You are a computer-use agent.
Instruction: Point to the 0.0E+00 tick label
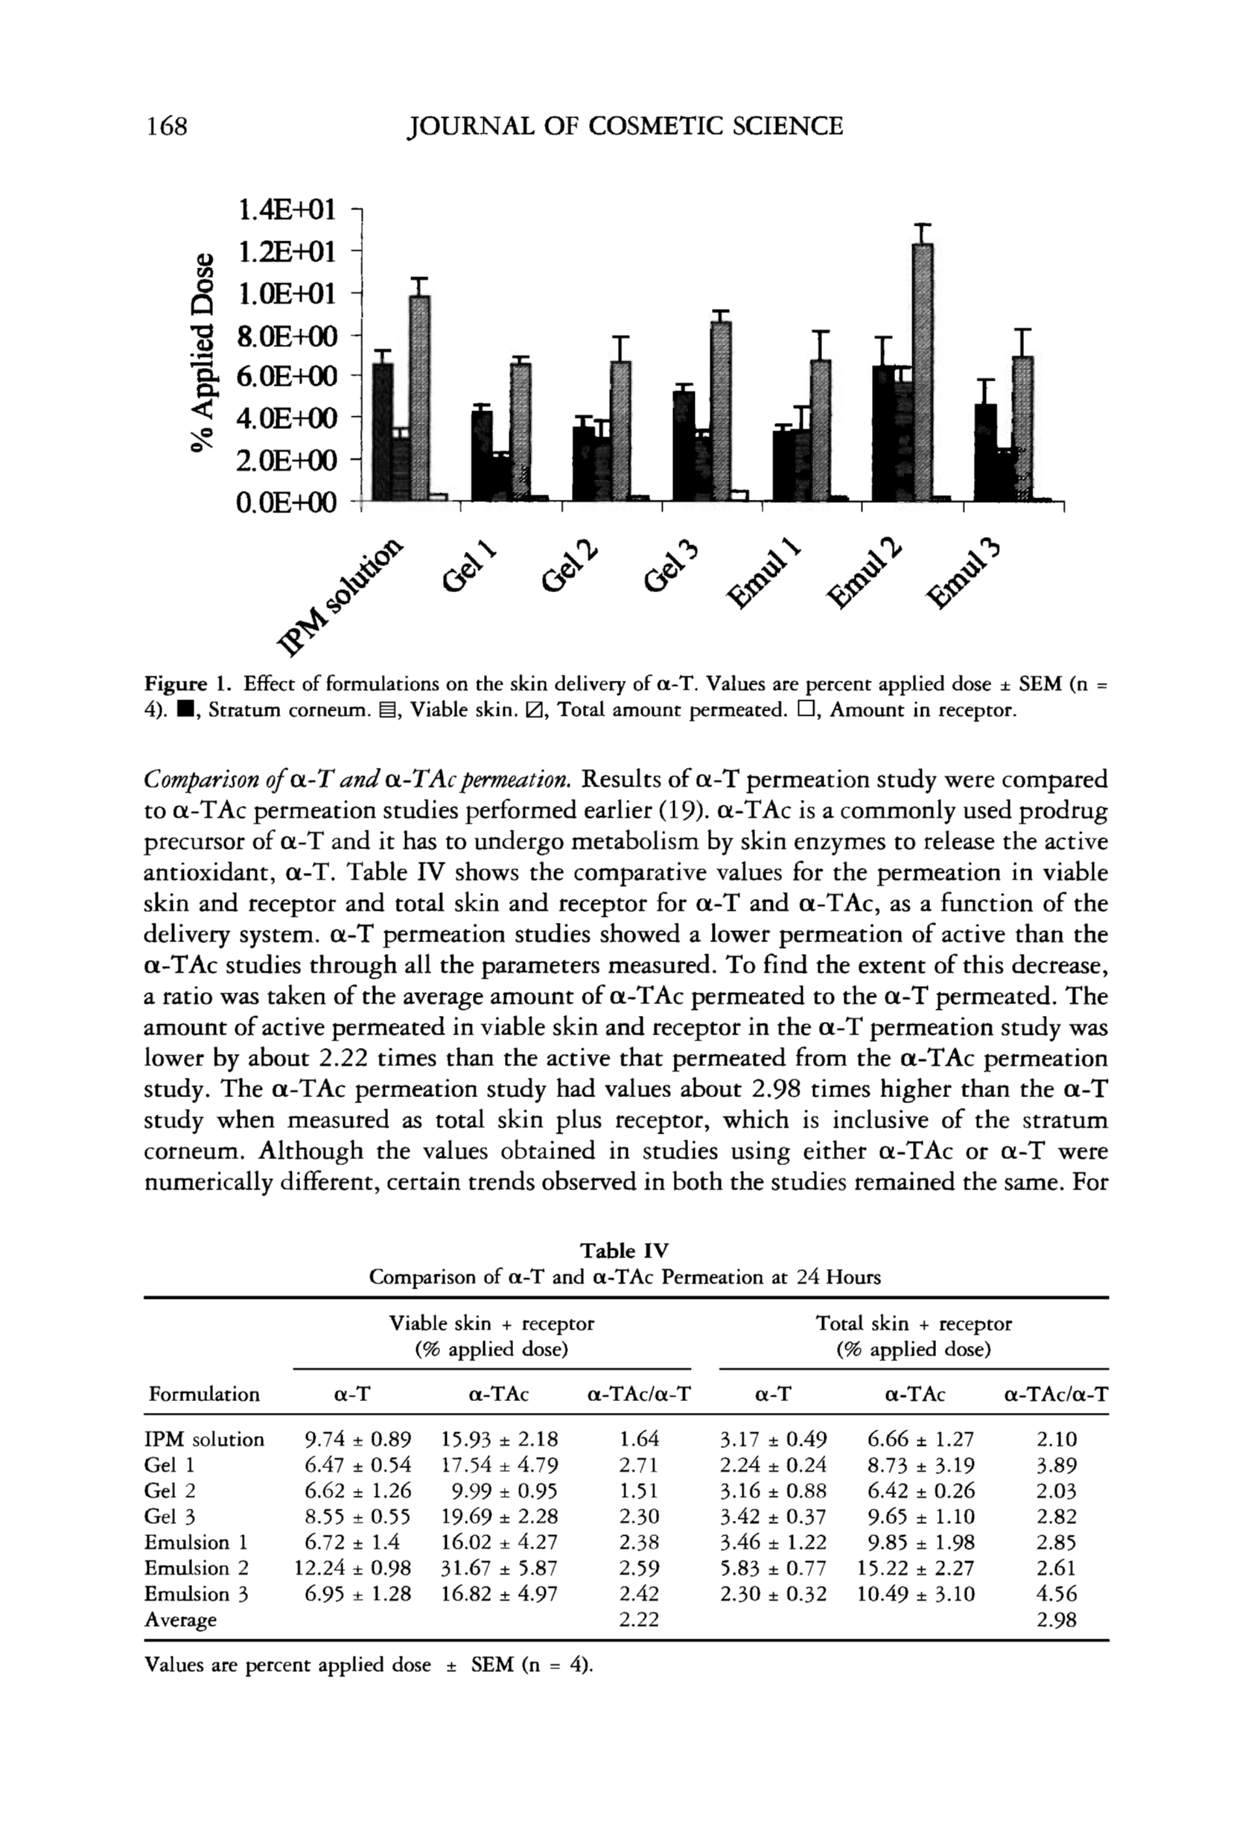click(x=287, y=501)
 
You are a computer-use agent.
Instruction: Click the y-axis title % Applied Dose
click(x=203, y=353)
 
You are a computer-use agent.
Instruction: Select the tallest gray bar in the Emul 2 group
click(x=922, y=371)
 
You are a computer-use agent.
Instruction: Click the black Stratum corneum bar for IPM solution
click(x=383, y=431)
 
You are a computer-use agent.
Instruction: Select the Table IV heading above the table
click(x=624, y=1251)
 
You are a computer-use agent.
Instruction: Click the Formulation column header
click(x=203, y=1394)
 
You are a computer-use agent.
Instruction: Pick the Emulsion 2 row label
click(x=197, y=1568)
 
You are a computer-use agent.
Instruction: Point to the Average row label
click(x=180, y=1620)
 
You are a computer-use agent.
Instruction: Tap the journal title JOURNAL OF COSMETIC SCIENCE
click(x=624, y=126)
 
